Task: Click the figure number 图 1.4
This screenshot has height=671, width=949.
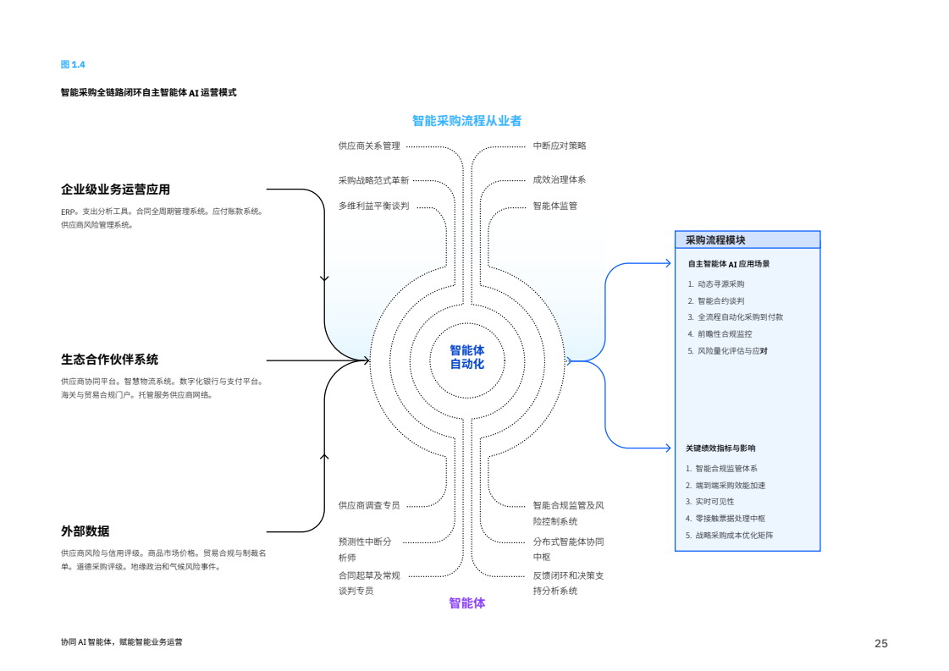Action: [73, 65]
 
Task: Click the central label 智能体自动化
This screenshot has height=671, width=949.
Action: [466, 357]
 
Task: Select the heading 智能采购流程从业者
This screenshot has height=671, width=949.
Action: [466, 121]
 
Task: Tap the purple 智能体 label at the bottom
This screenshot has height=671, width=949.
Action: [466, 603]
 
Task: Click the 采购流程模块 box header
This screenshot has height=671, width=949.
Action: [715, 240]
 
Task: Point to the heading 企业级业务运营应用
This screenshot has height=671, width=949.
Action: [121, 190]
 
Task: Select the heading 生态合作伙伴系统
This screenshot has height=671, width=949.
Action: [109, 360]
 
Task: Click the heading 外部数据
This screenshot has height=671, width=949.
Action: [85, 531]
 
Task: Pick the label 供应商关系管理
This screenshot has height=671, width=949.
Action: [369, 146]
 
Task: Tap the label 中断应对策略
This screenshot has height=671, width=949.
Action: [559, 146]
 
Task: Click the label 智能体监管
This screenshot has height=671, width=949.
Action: [555, 206]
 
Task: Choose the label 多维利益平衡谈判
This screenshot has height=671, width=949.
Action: [373, 206]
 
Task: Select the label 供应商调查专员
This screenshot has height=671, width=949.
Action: [369, 505]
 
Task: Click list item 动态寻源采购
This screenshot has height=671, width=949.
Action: [720, 284]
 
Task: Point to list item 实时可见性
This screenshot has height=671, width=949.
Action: [715, 502]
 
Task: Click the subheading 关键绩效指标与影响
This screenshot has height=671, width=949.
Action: [720, 448]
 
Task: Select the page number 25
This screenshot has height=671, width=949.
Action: [880, 644]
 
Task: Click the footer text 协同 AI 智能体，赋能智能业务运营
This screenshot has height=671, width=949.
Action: [121, 642]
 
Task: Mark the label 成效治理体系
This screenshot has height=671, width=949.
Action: [559, 179]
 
